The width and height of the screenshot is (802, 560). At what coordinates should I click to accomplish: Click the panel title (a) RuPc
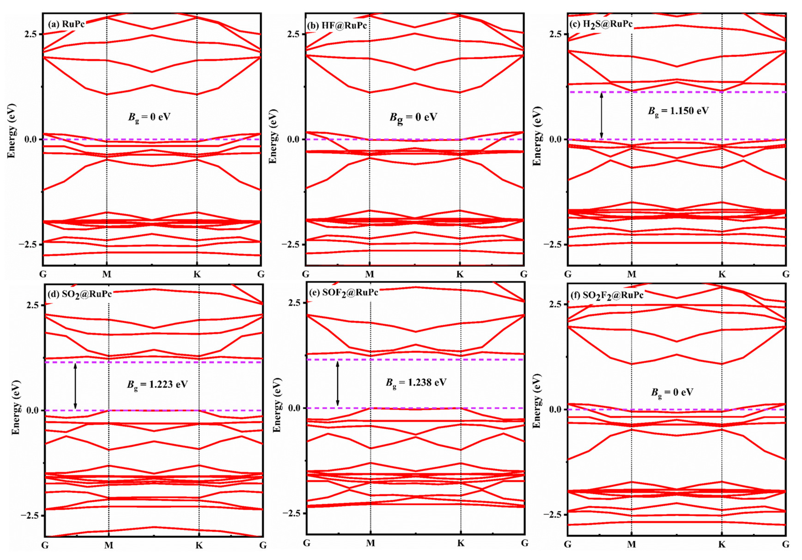point(66,24)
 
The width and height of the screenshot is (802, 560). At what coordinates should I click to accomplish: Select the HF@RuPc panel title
point(337,25)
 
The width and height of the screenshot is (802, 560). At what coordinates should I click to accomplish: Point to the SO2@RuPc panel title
point(79,294)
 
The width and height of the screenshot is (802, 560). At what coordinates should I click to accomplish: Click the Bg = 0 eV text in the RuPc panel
point(149,117)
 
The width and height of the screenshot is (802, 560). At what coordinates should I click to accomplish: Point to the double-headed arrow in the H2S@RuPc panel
point(601,115)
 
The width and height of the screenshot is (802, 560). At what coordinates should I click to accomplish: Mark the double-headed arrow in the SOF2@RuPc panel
point(337,384)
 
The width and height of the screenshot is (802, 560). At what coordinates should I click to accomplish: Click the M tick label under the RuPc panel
point(107,274)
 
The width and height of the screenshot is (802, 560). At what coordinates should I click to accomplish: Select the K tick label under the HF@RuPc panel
point(460,274)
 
